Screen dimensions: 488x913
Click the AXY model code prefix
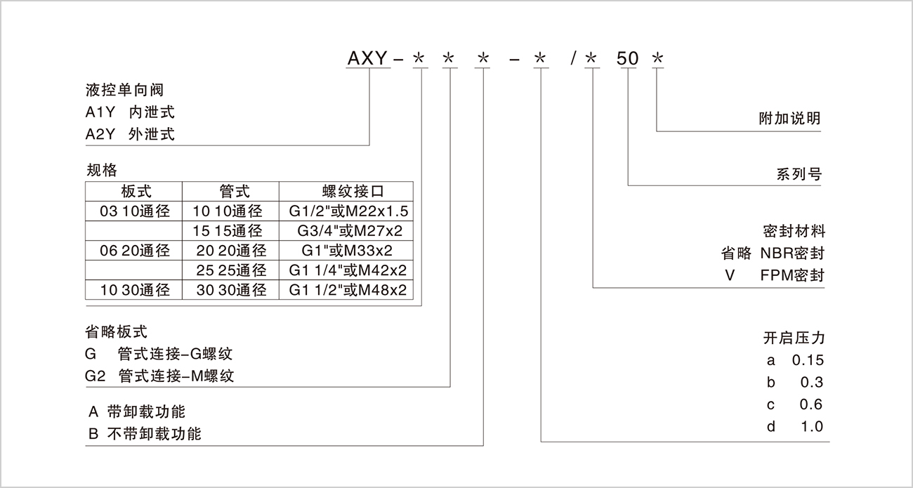coord(368,59)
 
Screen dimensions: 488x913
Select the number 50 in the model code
coord(627,59)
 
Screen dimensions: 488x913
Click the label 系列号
coord(799,174)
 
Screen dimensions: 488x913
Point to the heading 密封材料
coord(794,231)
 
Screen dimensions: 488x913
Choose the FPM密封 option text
coord(792,275)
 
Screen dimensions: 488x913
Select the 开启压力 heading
coord(794,338)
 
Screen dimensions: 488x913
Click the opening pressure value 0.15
coord(807,361)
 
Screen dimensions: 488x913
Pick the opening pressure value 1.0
coord(811,426)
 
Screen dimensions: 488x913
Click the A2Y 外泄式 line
coord(129,134)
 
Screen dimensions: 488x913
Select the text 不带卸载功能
coord(154,434)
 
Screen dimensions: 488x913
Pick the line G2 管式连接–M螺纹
coord(159,376)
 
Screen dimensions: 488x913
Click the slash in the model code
coord(574,59)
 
